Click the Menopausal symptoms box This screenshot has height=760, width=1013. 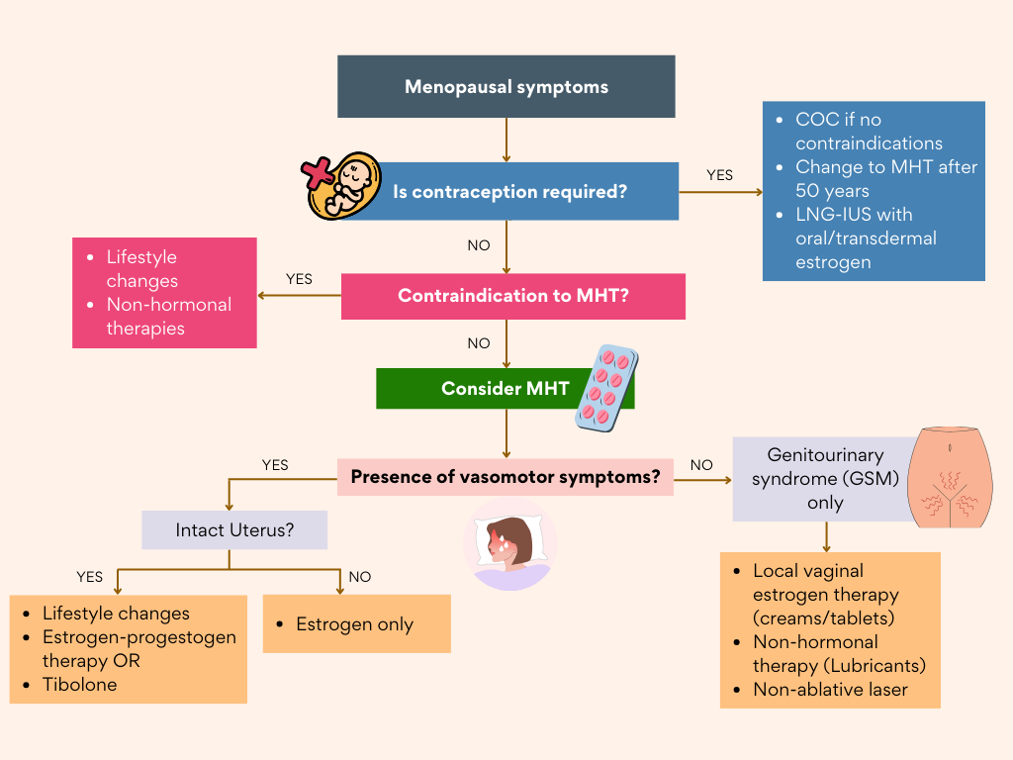(506, 87)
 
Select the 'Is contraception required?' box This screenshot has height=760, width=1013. (509, 192)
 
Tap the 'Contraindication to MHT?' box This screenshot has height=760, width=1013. (512, 296)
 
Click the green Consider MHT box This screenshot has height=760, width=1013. (505, 389)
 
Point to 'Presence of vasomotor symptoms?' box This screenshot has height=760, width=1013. (506, 477)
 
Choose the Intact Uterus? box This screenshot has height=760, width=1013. (234, 530)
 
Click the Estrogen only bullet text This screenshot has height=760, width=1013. (354, 624)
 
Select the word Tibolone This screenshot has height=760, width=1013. (79, 685)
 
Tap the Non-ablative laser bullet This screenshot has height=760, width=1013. (830, 690)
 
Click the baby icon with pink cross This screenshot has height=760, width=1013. (341, 184)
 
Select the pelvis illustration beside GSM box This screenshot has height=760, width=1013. (950, 477)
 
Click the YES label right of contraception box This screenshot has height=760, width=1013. (719, 175)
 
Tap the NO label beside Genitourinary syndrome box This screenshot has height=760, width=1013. (701, 465)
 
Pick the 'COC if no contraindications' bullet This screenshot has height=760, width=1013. (869, 132)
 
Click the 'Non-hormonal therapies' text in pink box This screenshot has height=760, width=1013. (168, 317)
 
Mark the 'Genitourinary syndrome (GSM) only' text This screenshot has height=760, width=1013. (824, 479)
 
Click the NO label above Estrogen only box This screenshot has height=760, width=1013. (359, 577)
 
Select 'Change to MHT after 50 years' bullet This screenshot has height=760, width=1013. (885, 179)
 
